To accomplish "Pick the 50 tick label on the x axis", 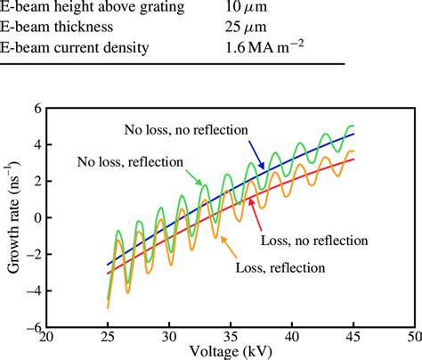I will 412,340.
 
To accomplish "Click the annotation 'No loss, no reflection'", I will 181,128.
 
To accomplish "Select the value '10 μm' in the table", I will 246,8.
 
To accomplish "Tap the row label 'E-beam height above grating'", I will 92,8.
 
